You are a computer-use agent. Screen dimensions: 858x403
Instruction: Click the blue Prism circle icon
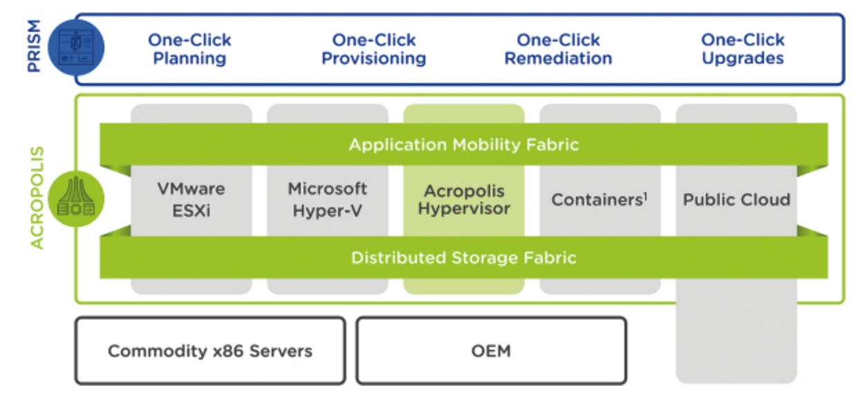tap(76, 47)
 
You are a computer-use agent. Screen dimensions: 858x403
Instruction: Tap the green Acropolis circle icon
tap(76, 199)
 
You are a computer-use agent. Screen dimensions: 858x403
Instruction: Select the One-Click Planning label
tap(189, 49)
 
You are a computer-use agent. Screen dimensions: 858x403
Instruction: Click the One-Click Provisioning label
tap(374, 49)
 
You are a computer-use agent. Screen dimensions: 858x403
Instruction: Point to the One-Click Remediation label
tap(558, 49)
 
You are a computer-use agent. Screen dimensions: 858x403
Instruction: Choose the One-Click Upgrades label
tap(743, 49)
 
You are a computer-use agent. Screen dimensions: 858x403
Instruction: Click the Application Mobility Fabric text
tap(464, 144)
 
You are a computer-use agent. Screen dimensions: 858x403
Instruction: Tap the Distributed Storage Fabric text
tap(464, 258)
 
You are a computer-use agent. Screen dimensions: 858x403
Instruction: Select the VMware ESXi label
tap(191, 200)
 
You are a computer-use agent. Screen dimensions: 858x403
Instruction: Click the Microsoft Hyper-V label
tap(328, 200)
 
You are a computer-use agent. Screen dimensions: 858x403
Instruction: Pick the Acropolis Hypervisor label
tap(464, 200)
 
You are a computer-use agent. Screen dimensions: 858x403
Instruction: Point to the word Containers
tap(597, 200)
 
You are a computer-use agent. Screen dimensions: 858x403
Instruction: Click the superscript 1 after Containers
tap(646, 196)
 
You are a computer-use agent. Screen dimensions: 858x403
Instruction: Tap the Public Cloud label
tap(736, 200)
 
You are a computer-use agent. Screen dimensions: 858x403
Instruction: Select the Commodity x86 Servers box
tap(210, 350)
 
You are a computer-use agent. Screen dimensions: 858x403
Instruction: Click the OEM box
tap(492, 350)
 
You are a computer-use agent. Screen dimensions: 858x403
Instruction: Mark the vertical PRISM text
tap(34, 46)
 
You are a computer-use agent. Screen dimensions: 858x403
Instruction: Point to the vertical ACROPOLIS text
tap(37, 198)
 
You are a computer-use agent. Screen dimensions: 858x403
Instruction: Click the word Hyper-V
tap(328, 211)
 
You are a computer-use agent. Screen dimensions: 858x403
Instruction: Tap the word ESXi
tap(191, 211)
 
